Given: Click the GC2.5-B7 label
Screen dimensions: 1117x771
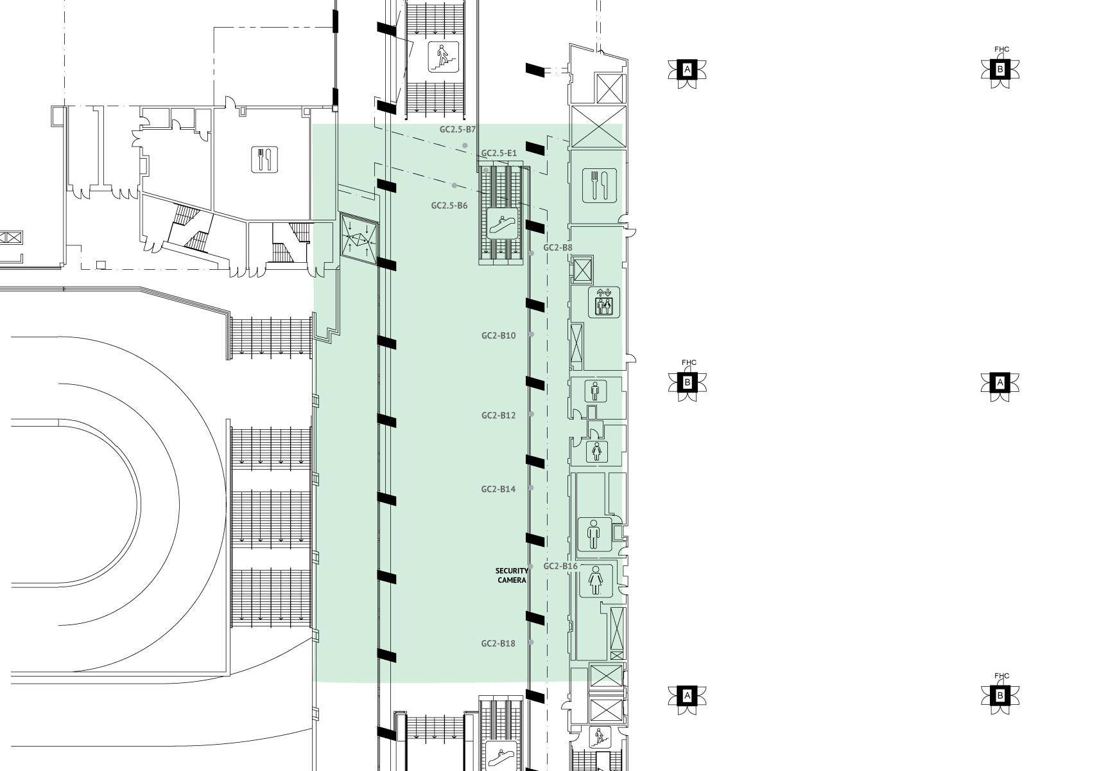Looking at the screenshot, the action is pos(457,129).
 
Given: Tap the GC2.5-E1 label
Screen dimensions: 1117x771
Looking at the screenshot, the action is pos(499,154).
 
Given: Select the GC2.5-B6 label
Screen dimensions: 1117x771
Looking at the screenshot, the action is pos(449,206).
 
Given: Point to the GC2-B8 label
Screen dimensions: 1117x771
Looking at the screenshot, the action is pos(558,247).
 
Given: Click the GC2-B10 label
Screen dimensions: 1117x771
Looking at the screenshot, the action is pos(498,335).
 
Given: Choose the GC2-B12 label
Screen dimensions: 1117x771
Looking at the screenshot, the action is pos(498,416).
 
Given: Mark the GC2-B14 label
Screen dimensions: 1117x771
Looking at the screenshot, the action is pos(498,489).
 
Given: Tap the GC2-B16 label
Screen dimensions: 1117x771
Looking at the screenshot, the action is pos(560,566).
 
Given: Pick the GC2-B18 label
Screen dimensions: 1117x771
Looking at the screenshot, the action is pos(498,644).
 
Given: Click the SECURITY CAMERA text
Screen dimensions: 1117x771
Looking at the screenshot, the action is pos(512,575).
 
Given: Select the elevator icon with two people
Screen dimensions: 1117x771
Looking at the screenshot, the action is pos(604,302).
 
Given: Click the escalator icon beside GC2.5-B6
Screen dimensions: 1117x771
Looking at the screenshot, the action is pos(502,223).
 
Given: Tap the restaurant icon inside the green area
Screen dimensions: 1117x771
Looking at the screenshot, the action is pos(599,185).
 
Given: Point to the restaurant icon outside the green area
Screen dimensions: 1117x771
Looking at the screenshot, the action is pos(264,159).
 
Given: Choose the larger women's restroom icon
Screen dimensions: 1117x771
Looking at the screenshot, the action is pos(595,581).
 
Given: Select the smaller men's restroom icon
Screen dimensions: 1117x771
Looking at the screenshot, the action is pos(596,390).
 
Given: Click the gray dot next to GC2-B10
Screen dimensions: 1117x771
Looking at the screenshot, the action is pos(531,335).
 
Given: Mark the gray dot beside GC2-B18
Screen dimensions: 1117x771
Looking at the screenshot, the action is pos(531,642).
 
